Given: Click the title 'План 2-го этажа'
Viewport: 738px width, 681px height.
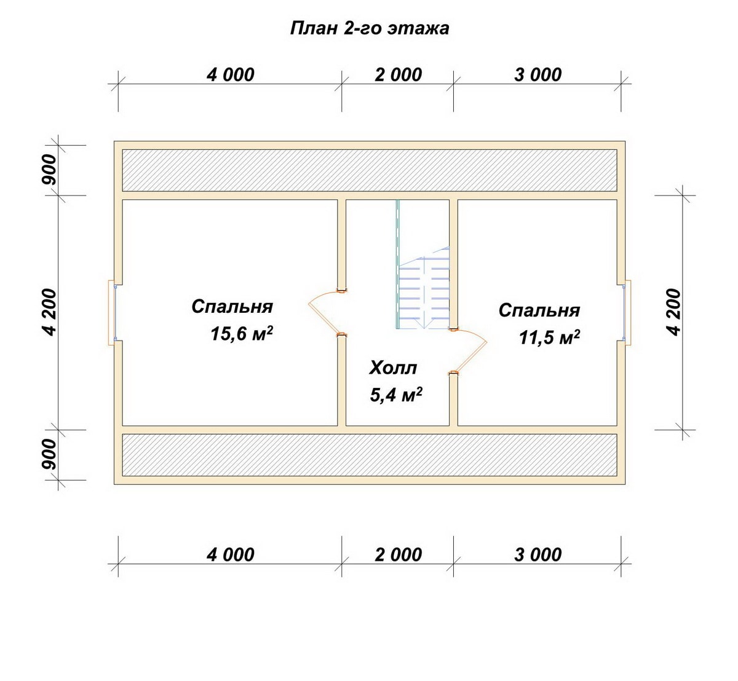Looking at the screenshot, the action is click(370, 29).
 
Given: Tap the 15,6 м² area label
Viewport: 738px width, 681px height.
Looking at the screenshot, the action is click(242, 334).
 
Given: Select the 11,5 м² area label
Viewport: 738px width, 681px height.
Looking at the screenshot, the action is click(549, 337).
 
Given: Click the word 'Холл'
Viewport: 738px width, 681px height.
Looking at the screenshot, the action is click(393, 368).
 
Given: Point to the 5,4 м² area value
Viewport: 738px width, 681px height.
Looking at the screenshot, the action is click(396, 395).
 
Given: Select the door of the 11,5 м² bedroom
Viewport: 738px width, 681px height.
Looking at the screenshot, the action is click(468, 351).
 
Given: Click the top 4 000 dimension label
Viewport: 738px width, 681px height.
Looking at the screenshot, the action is click(231, 75).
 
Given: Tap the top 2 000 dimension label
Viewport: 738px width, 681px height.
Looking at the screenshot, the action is click(398, 75).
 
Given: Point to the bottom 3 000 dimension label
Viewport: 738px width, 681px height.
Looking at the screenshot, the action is click(538, 555).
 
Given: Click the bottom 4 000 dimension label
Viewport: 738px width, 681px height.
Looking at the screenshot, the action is click(231, 555).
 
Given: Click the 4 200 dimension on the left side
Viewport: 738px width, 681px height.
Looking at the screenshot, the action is click(49, 312).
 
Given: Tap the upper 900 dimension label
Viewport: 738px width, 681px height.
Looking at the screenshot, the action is click(49, 170).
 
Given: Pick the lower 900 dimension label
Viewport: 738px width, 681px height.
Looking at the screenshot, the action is click(49, 454).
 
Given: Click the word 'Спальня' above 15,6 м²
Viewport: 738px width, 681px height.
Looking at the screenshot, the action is click(232, 307).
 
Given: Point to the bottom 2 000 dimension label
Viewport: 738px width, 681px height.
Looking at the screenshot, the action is click(398, 555).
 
